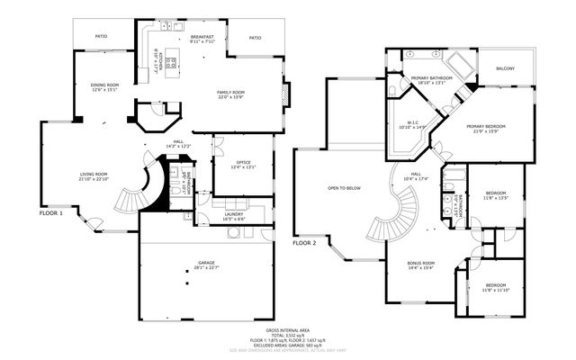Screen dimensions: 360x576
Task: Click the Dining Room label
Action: pyautogui.click(x=104, y=84)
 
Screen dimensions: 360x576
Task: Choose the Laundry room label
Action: pyautogui.click(x=234, y=214)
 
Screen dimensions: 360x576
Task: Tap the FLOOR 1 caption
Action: pyautogui.click(x=50, y=214)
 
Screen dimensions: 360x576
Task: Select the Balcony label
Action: pyautogui.click(x=507, y=67)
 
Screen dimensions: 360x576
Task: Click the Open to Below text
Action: pyautogui.click(x=344, y=188)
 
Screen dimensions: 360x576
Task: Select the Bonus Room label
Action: pyautogui.click(x=421, y=264)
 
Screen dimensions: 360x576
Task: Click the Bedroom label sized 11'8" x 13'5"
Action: pyautogui.click(x=497, y=193)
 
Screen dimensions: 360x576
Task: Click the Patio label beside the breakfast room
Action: pyautogui.click(x=255, y=38)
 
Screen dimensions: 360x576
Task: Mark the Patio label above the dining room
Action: pyautogui.click(x=102, y=36)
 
